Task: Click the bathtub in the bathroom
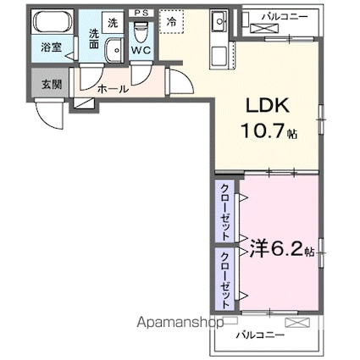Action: (53, 22)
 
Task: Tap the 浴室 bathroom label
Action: (52, 47)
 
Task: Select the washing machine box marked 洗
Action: (113, 23)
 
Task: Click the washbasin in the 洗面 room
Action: (114, 51)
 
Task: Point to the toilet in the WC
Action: (141, 32)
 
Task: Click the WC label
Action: (141, 50)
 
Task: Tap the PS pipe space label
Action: (141, 13)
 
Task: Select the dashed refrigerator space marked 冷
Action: (171, 22)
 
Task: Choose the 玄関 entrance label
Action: (52, 84)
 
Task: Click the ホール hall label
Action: (113, 89)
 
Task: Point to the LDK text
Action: (268, 105)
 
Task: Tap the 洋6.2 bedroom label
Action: (282, 250)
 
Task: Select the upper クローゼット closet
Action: (224, 211)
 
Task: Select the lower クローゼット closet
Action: (224, 279)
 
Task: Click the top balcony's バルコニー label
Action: (284, 17)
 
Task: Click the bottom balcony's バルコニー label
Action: (260, 335)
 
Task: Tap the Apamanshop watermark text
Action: (180, 323)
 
